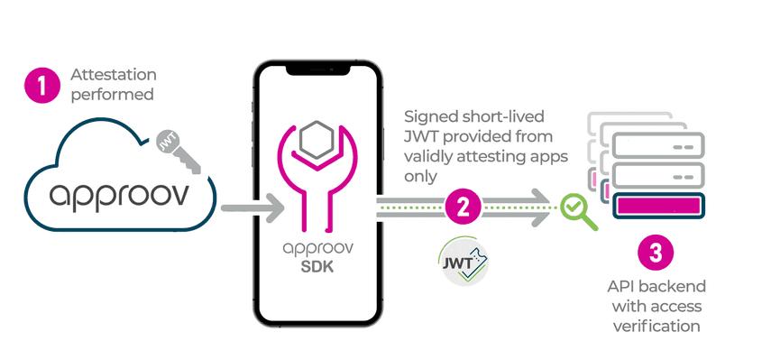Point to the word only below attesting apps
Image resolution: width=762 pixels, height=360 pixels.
420,177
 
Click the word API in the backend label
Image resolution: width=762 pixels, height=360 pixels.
620,286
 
